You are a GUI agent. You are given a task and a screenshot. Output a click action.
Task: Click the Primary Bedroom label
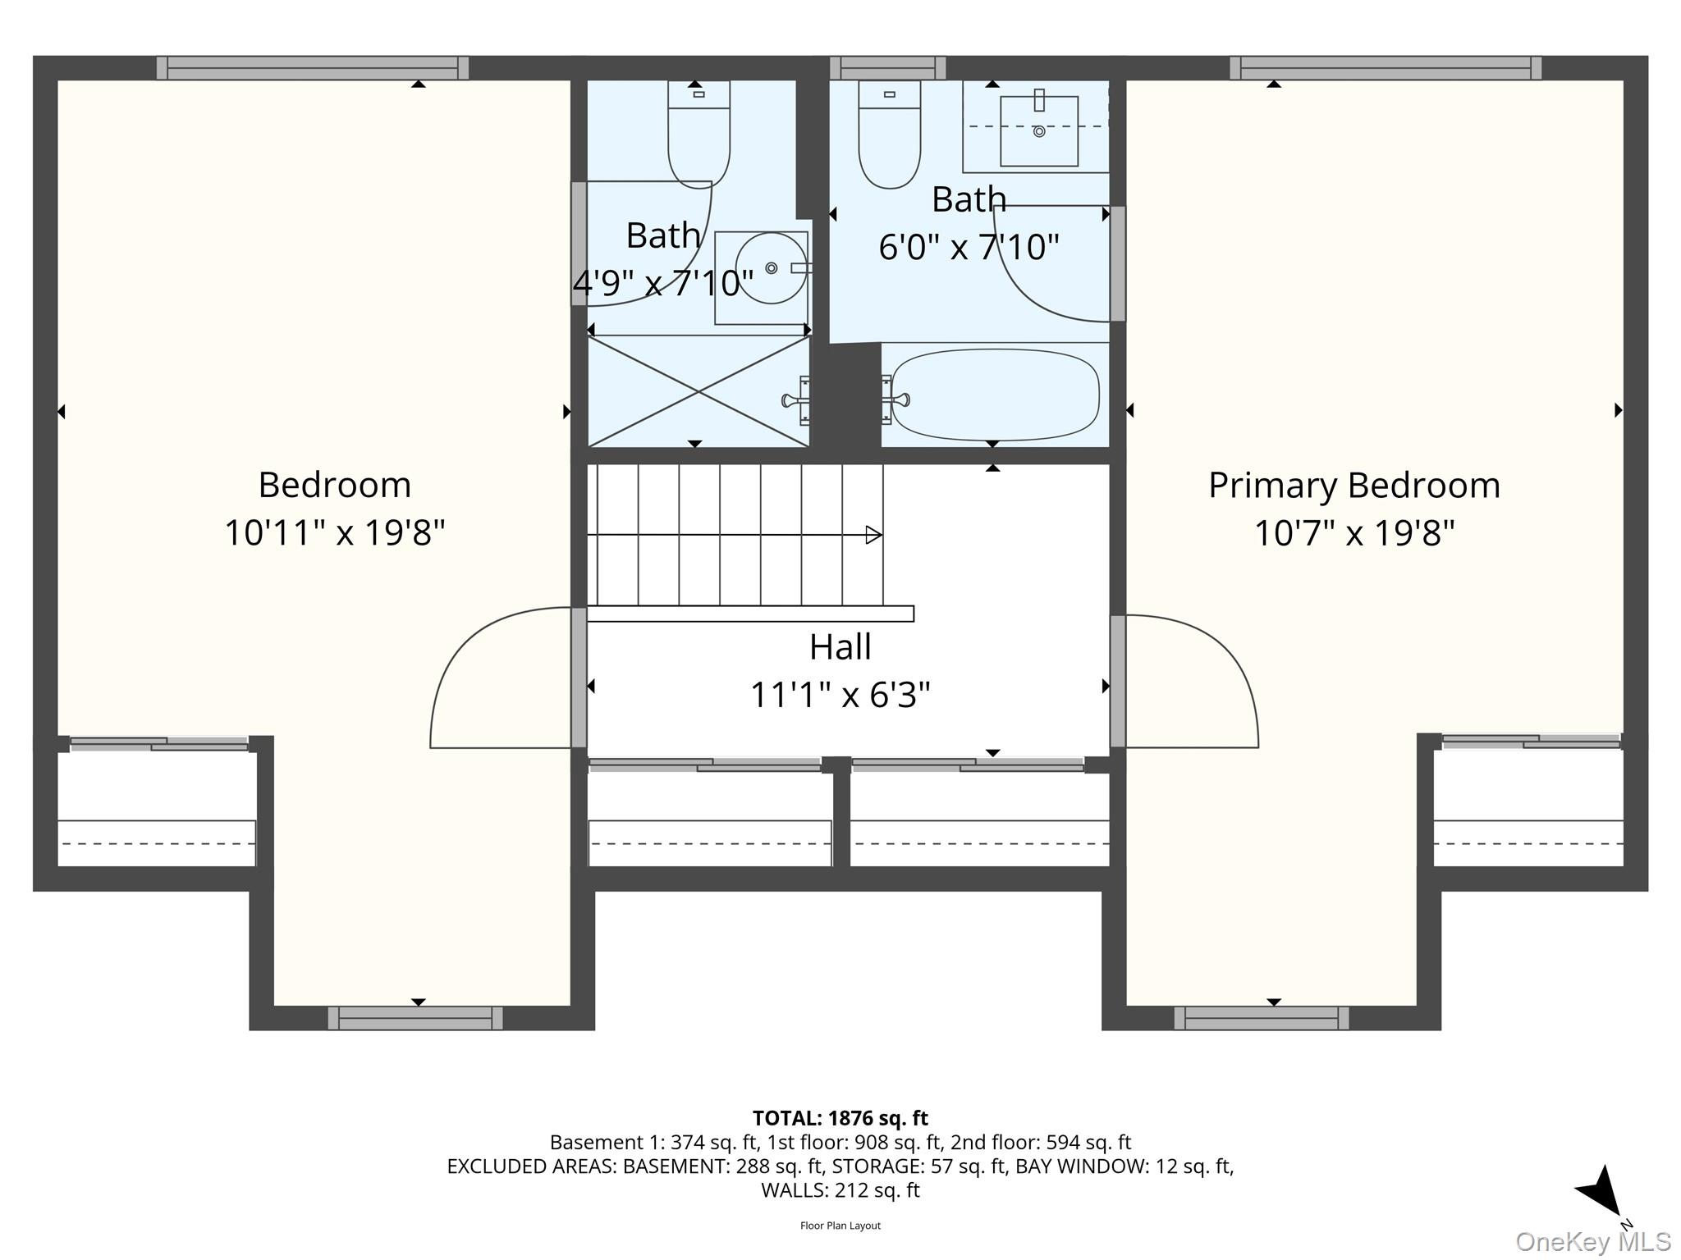(x=1354, y=486)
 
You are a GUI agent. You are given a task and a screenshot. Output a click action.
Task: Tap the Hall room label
(x=840, y=647)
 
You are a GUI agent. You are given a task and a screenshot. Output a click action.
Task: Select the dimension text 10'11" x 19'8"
(x=335, y=532)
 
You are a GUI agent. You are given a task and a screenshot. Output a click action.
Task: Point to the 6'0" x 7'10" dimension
(x=969, y=246)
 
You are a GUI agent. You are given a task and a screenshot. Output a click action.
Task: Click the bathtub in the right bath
(x=995, y=395)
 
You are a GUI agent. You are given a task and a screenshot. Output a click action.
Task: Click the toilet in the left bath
(x=699, y=135)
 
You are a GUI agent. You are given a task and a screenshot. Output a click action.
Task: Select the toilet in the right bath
(x=890, y=135)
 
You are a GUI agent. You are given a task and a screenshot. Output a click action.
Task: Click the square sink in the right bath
(x=1039, y=130)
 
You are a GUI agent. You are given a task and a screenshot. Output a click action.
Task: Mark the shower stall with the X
(x=699, y=391)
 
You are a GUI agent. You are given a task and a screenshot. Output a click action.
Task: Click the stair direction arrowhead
(x=874, y=536)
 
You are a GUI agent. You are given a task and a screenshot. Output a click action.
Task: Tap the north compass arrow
(x=1598, y=1191)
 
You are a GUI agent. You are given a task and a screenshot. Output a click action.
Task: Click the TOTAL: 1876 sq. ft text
(x=840, y=1118)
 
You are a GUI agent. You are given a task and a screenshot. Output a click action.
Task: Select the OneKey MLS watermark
(x=1592, y=1242)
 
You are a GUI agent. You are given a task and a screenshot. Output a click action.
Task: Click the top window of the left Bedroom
(x=313, y=68)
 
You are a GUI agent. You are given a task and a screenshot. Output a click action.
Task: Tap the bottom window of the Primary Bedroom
(x=1262, y=1018)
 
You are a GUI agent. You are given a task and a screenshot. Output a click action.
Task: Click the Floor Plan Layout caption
(x=840, y=1226)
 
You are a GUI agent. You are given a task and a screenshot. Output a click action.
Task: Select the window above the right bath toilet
(x=888, y=68)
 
